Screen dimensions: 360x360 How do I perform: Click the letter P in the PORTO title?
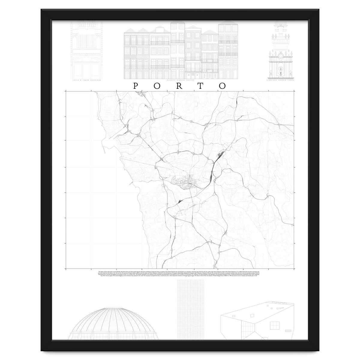tap(135, 86)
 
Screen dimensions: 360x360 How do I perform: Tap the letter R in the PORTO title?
tap(179, 86)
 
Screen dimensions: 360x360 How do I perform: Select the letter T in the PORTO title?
tap(201, 86)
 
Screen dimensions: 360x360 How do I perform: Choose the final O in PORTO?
tap(222, 86)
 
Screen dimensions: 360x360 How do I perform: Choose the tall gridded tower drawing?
tap(191, 309)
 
